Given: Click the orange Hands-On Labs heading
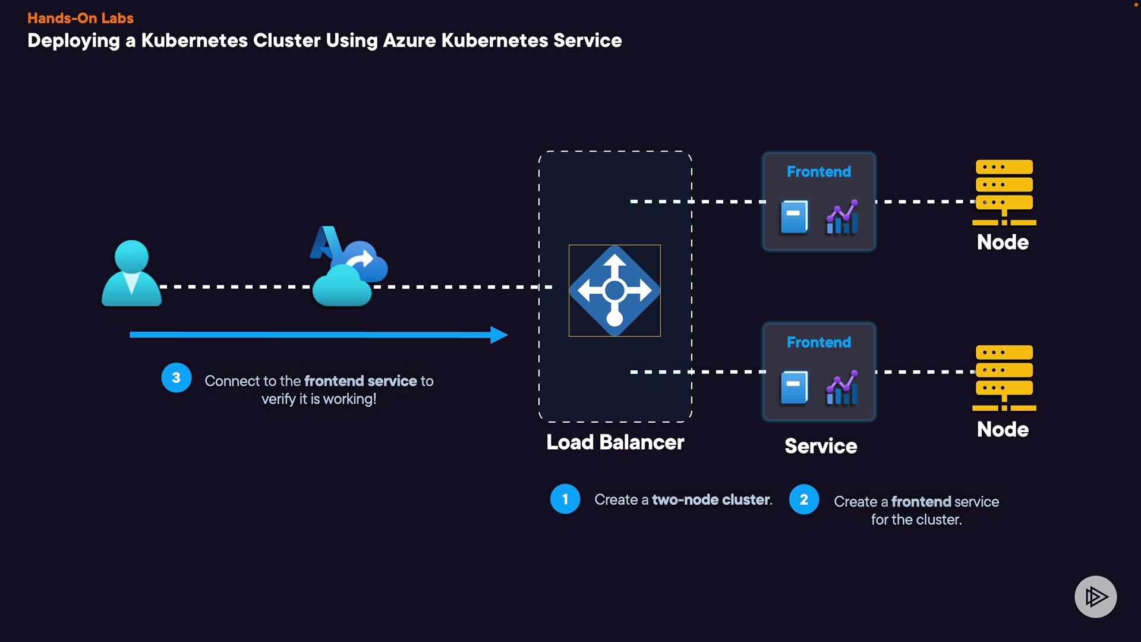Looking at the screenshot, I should pos(80,18).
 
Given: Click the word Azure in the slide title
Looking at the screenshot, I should pos(409,40).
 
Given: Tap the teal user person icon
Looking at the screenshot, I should pos(131,273).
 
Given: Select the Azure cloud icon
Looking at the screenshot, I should pos(348,267).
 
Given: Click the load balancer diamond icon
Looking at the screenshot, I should pos(614,291).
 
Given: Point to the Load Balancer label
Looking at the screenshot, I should pos(615,442).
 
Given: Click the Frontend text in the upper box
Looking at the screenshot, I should pos(818,172).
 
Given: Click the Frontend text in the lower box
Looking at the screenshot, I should pos(818,342).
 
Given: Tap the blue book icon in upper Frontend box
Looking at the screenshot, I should pos(794,217).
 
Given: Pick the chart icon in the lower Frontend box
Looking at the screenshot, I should pos(842,388).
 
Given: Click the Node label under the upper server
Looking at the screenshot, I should pos(1003,243).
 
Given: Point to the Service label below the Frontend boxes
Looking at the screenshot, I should pos(821,446).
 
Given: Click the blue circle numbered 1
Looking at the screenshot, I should pos(565,499).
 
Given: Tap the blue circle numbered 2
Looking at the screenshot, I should pos(804,499).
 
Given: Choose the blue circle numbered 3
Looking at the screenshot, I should pos(176,377).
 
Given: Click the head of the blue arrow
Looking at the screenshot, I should pos(499,335).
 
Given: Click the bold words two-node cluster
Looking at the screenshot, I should pos(711,500).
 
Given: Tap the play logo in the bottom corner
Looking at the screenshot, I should pos(1095,596).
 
